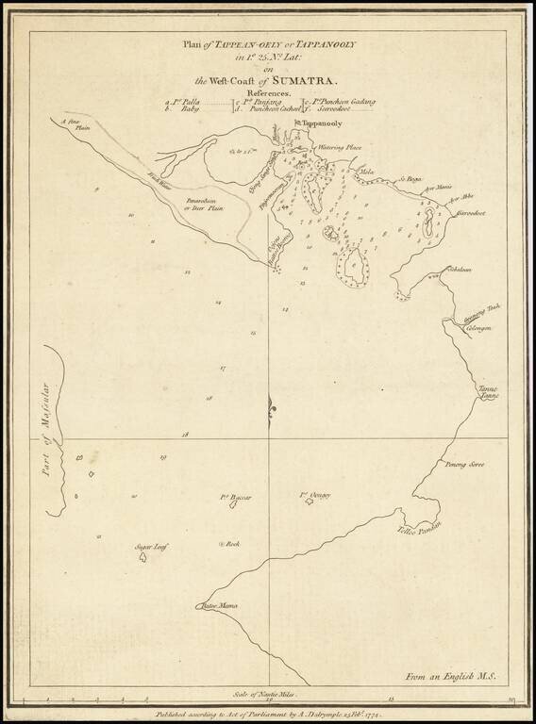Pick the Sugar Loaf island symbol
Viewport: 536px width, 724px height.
point(142,556)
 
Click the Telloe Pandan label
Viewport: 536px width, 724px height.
point(419,529)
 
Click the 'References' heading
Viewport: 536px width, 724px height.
point(267,94)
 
